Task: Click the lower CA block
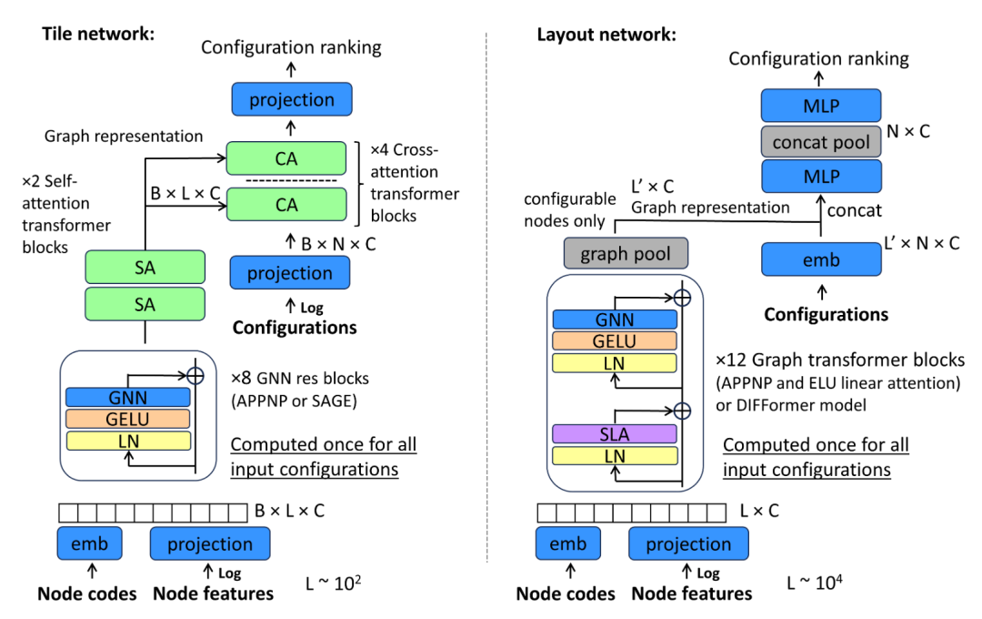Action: click(x=286, y=205)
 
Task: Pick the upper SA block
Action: click(x=145, y=268)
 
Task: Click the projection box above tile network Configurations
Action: click(x=291, y=273)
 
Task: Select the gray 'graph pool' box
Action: click(x=626, y=254)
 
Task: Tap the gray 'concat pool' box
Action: click(x=821, y=142)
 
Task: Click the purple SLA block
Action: click(x=616, y=433)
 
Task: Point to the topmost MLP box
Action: click(x=821, y=106)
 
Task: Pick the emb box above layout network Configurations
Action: click(x=821, y=260)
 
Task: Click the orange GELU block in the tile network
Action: click(x=128, y=419)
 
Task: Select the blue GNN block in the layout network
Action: click(x=616, y=320)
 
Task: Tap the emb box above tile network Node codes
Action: click(x=88, y=544)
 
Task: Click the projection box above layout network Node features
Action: click(x=688, y=544)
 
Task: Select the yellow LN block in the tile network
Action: click(x=128, y=441)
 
